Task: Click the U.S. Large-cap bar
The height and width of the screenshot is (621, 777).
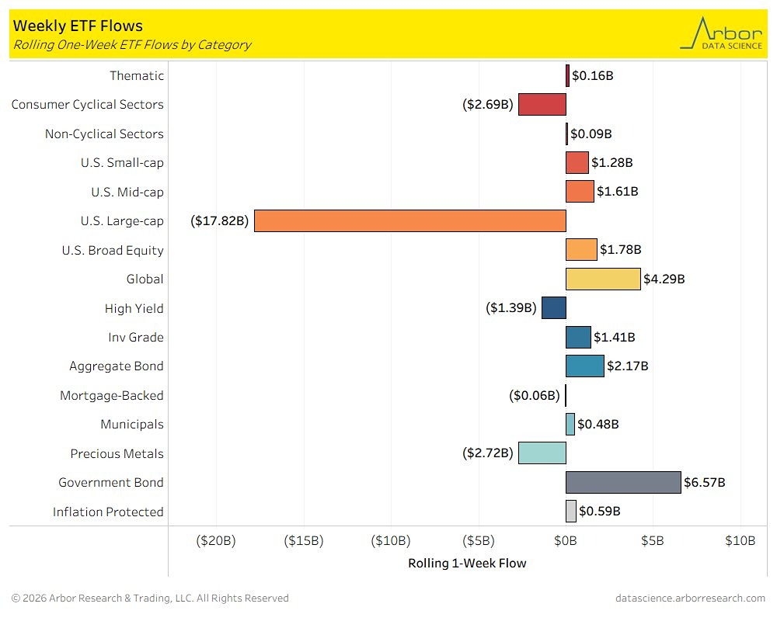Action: click(x=409, y=221)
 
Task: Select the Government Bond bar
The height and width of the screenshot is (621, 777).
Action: click(x=623, y=483)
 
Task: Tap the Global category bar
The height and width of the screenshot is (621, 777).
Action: click(x=603, y=279)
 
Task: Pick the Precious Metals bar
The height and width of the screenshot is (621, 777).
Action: click(x=542, y=453)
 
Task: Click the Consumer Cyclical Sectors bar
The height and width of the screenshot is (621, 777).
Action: click(x=542, y=104)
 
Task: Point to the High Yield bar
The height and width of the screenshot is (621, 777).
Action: click(x=554, y=308)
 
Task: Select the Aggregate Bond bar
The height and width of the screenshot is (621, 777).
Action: click(x=585, y=366)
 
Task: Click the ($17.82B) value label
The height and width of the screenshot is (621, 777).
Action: click(x=220, y=221)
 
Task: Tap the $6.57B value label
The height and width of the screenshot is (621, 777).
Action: click(x=705, y=483)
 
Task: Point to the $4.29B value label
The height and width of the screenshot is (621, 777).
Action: click(x=664, y=279)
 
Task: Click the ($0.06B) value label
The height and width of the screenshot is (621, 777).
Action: click(x=535, y=396)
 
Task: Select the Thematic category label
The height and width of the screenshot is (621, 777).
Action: click(x=137, y=75)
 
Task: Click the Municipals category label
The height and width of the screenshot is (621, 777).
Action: click(x=132, y=425)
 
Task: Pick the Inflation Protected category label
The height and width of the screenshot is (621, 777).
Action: click(x=108, y=512)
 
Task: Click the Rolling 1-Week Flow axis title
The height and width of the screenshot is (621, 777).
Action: click(x=467, y=564)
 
